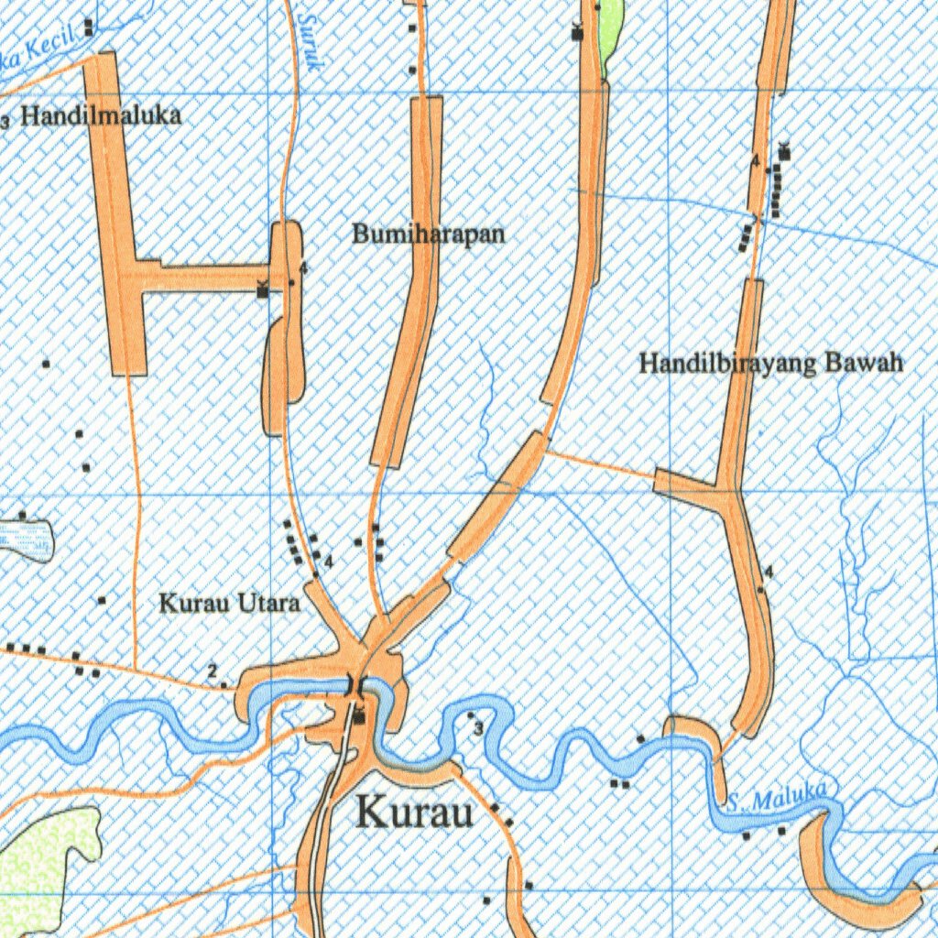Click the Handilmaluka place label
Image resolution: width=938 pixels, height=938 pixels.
pyautogui.click(x=101, y=115)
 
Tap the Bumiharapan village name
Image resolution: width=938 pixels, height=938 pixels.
pyautogui.click(x=429, y=234)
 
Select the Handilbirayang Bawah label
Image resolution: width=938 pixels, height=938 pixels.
pyautogui.click(x=770, y=364)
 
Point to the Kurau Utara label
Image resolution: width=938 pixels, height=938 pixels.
pyautogui.click(x=230, y=604)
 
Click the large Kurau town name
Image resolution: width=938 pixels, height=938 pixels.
pyautogui.click(x=414, y=812)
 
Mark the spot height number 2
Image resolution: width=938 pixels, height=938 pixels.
pyautogui.click(x=213, y=672)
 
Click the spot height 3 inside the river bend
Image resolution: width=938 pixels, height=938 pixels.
pyautogui.click(x=478, y=729)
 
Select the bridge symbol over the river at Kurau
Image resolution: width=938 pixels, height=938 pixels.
pyautogui.click(x=355, y=684)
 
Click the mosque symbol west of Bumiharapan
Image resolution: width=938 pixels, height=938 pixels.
pyautogui.click(x=264, y=290)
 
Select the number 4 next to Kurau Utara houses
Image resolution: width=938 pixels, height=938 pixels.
pyautogui.click(x=328, y=560)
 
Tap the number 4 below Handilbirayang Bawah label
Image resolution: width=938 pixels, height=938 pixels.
pyautogui.click(x=769, y=573)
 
